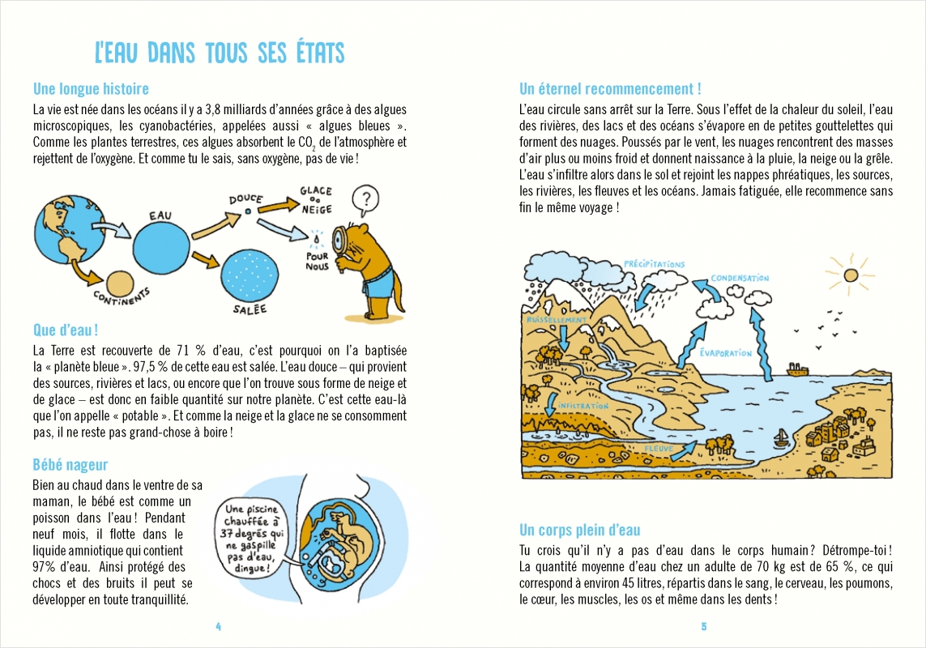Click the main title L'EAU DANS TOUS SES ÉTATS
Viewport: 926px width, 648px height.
220,53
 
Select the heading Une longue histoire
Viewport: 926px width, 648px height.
91,89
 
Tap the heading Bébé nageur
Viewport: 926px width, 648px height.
70,465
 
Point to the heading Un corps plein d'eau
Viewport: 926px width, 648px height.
579,531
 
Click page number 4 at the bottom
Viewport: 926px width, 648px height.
218,626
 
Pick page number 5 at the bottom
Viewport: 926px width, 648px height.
704,626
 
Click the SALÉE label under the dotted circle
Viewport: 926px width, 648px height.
250,309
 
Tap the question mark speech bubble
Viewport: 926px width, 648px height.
367,198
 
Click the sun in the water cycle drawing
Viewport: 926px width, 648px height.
851,275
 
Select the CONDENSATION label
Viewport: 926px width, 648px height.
740,279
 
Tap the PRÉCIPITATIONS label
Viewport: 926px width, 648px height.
655,264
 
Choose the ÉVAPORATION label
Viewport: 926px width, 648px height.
726,352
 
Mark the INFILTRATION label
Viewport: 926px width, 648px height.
578,405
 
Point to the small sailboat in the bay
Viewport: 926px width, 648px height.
782,440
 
